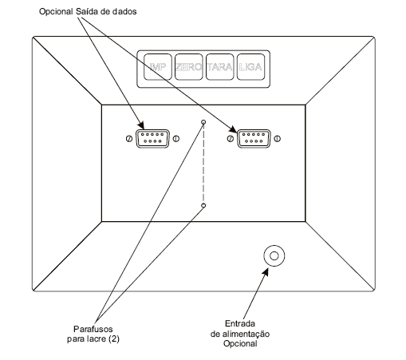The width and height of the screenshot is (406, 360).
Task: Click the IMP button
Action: (x=158, y=67)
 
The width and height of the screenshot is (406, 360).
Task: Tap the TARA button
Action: (x=220, y=67)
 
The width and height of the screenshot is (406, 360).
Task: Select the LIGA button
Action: (x=250, y=67)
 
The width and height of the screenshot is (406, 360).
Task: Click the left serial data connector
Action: (x=152, y=138)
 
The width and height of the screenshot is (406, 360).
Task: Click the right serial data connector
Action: (x=254, y=138)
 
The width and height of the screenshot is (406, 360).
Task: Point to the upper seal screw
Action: (x=203, y=122)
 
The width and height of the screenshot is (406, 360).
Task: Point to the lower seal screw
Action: (x=203, y=205)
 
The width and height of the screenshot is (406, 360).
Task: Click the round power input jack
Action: (x=274, y=255)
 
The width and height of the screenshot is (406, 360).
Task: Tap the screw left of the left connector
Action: (x=129, y=139)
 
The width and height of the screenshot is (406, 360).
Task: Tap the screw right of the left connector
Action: (x=176, y=139)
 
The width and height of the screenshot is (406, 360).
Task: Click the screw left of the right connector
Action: (x=231, y=139)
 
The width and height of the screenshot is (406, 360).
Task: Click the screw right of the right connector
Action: (x=278, y=139)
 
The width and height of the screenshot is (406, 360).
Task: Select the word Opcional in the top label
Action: (x=56, y=12)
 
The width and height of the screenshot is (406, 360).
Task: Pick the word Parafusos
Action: (x=93, y=329)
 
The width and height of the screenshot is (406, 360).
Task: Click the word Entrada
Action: (x=240, y=323)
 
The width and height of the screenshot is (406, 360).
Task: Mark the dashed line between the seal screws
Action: (x=203, y=164)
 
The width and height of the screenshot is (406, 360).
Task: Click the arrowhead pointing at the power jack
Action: (x=265, y=272)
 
